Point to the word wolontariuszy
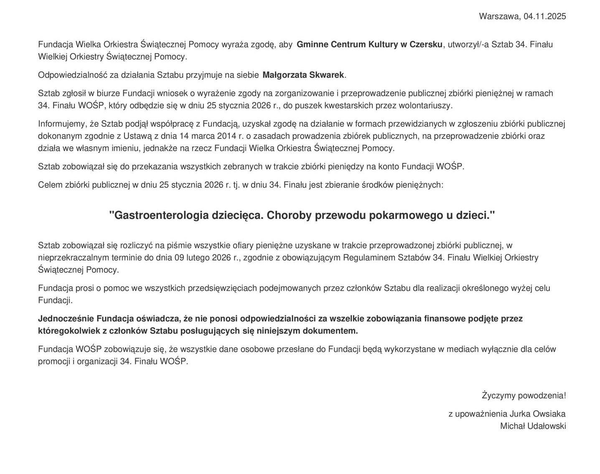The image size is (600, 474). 425,105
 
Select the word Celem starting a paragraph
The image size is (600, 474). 49,185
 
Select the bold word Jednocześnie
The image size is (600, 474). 66,319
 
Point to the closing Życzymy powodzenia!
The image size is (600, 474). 524,396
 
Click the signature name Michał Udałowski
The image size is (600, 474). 533,426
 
